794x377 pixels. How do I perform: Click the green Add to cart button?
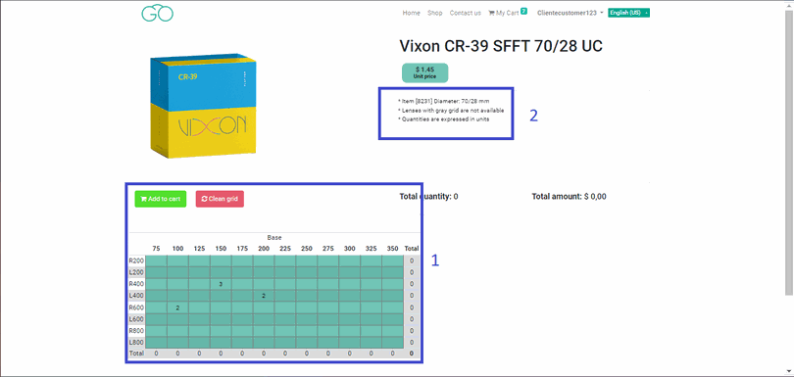point(161,199)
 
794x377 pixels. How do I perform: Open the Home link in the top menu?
point(411,13)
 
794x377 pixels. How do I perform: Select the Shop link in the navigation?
point(435,13)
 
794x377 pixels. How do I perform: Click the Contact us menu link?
point(465,13)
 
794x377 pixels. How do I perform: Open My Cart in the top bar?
point(507,13)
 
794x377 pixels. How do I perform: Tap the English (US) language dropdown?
point(628,13)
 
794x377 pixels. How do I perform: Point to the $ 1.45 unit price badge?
point(424,71)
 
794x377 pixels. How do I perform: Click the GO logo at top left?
point(157,14)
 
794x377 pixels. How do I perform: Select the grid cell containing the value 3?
point(221,284)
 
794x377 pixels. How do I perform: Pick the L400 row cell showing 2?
point(264,296)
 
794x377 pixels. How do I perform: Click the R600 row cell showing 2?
point(177,307)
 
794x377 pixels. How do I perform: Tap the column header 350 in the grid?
point(392,249)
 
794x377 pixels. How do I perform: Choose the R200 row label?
point(136,260)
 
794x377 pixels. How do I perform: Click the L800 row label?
point(136,342)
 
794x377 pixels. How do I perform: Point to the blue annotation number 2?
point(533,116)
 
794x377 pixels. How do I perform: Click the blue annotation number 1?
point(435,260)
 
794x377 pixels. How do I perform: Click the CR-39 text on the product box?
point(187,75)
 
